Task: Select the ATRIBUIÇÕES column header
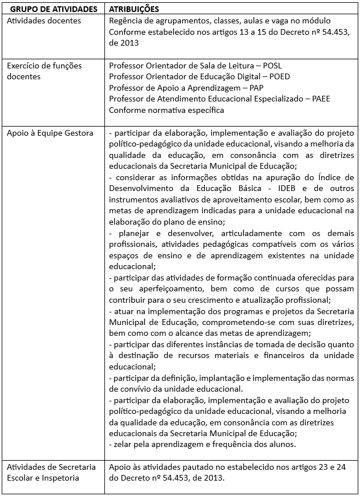[134, 10]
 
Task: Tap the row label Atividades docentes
[44, 21]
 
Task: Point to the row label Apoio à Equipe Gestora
[50, 133]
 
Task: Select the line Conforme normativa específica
[167, 109]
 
